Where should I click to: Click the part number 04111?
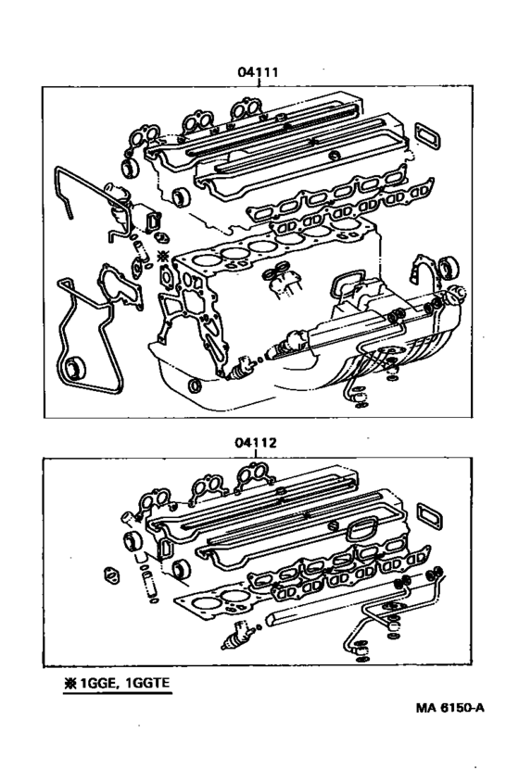click(x=258, y=70)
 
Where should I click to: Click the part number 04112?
click(x=257, y=443)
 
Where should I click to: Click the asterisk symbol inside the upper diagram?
click(x=163, y=255)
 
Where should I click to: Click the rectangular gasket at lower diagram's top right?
click(x=432, y=511)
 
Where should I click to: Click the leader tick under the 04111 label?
click(x=258, y=82)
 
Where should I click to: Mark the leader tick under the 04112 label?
click(x=257, y=454)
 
